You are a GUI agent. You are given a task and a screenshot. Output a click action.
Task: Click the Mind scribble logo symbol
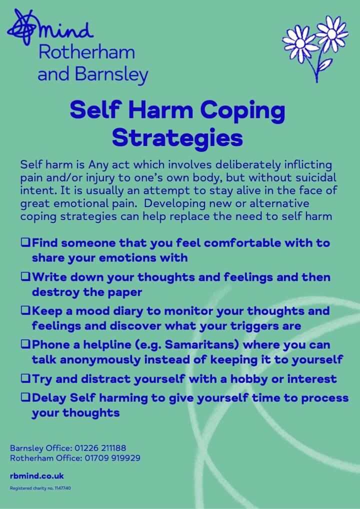pyautogui.click(x=22, y=27)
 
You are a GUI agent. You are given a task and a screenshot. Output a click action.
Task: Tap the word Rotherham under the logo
pyautogui.click(x=86, y=52)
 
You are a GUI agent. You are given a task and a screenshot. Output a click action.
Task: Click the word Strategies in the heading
pyautogui.click(x=177, y=137)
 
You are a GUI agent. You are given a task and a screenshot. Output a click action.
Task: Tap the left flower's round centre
pyautogui.click(x=300, y=43)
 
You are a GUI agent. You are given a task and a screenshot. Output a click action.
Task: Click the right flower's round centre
pyautogui.click(x=332, y=34)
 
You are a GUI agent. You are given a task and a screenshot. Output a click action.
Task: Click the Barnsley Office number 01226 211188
pyautogui.click(x=100, y=448)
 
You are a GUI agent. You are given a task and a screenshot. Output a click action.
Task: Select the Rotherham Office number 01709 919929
pyautogui.click(x=112, y=458)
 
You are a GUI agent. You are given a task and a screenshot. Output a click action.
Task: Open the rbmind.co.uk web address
pyautogui.click(x=37, y=476)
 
